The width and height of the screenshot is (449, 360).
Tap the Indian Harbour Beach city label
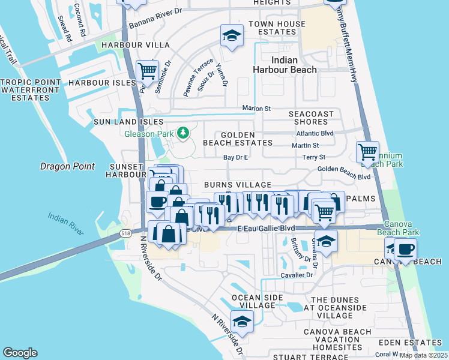pos(294,65)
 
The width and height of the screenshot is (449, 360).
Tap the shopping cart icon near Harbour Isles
pos(147,71)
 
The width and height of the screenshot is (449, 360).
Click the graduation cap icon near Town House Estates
pos(231,35)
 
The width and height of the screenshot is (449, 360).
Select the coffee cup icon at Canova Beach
pos(405,249)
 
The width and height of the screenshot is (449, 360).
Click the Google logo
pos(20,353)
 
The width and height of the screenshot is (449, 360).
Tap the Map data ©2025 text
pos(423,355)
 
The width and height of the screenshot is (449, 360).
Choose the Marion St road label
pos(257,108)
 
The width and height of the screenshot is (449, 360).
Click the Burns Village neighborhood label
pos(237,185)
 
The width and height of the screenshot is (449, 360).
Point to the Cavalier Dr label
pos(297,275)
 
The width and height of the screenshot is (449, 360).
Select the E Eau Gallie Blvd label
pos(267,229)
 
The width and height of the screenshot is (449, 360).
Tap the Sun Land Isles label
pos(119,122)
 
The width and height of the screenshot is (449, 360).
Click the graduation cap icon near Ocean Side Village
pos(242,321)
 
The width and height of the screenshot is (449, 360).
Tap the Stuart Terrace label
pos(307,357)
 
